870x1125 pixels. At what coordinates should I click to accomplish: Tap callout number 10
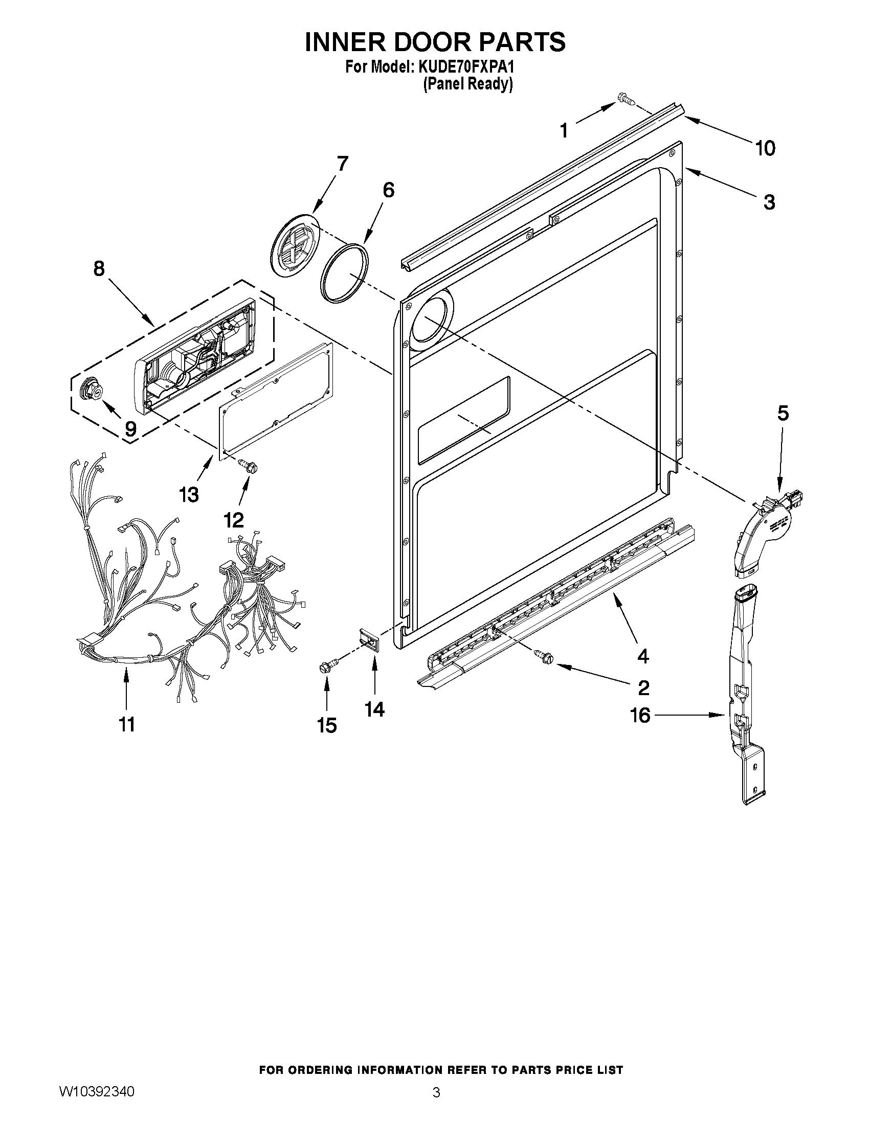coord(765,148)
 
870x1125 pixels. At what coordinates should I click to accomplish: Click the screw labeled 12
coord(249,466)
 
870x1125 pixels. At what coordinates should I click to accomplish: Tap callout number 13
coord(189,494)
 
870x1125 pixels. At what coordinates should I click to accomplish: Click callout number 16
coord(641,715)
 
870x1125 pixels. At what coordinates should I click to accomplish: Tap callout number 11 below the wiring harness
coord(127,724)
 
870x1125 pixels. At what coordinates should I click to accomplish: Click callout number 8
coord(99,268)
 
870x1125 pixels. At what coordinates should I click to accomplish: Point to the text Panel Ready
coord(467,84)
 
